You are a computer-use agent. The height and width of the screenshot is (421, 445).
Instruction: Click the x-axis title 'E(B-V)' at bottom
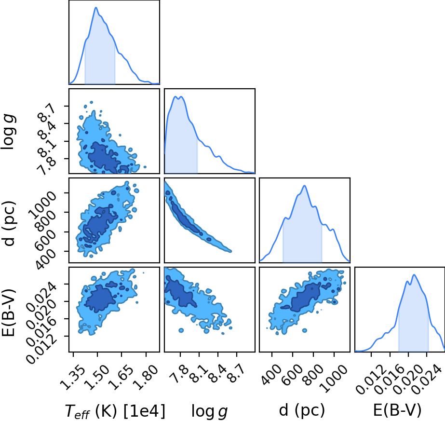click(397, 410)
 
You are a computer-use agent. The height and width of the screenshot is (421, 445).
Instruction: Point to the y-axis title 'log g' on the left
click(8, 132)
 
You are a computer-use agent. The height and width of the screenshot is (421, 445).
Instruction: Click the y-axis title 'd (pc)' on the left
click(9, 224)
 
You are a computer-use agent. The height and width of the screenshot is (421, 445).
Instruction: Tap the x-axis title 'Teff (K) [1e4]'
click(115, 411)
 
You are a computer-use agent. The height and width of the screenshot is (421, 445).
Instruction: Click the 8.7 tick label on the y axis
click(47, 113)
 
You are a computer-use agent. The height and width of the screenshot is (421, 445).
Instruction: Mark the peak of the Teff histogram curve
click(96, 7)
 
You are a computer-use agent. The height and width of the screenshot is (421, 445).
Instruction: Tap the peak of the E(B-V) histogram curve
click(414, 274)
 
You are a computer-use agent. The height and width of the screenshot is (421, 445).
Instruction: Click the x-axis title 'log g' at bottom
click(209, 411)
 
